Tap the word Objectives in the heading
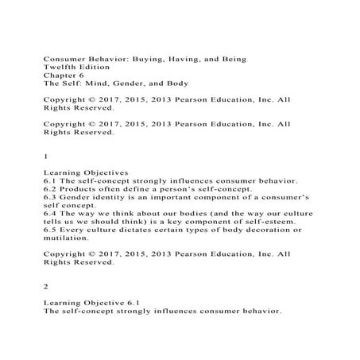[105, 172]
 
